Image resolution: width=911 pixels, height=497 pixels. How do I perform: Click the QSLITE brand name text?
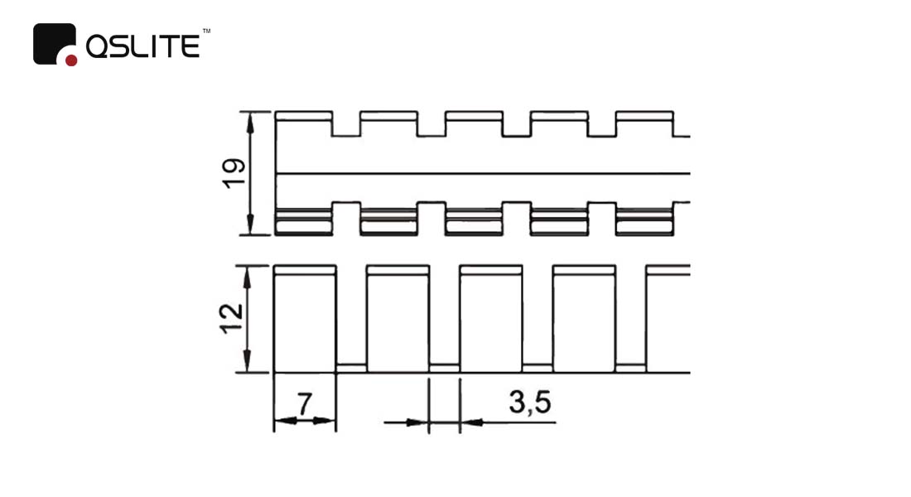(x=143, y=46)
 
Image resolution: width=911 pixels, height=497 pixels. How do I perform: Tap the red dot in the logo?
(x=71, y=60)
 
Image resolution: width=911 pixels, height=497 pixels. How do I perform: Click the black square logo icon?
(x=54, y=44)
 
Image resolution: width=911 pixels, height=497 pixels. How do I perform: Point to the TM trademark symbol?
(x=206, y=31)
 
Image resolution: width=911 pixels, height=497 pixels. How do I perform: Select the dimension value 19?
(x=234, y=173)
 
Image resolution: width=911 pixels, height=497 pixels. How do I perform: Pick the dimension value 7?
(x=305, y=403)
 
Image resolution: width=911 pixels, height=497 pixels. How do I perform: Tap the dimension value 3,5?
(x=529, y=403)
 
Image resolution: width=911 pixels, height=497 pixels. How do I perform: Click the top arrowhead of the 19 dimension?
(x=250, y=121)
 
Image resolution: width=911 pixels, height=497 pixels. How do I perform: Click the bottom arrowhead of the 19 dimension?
(x=250, y=225)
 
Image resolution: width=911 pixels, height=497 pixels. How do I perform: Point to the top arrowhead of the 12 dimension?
(x=247, y=277)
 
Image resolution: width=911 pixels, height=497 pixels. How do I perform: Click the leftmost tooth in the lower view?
(x=305, y=319)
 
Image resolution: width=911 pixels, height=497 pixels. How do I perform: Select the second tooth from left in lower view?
(x=398, y=319)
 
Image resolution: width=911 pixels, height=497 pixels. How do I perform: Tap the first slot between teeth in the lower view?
(x=351, y=368)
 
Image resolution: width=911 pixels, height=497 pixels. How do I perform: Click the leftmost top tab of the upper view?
(x=304, y=116)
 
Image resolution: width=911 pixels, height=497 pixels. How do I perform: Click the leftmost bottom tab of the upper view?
(x=303, y=221)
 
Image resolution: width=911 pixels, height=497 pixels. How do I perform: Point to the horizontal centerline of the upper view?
(x=482, y=173)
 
